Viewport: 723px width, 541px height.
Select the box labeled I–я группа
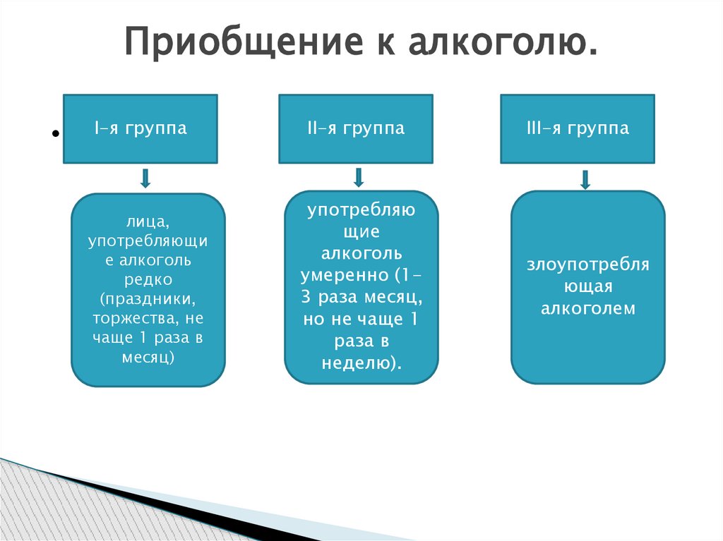[141, 129]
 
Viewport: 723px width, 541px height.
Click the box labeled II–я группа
[356, 129]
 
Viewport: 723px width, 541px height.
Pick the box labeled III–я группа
[577, 129]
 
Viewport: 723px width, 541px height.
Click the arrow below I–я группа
[145, 178]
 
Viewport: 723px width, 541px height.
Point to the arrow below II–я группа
[359, 177]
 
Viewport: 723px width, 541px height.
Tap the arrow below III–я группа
[585, 179]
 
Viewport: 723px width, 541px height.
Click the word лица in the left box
[148, 221]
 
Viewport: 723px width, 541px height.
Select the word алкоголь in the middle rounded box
[361, 253]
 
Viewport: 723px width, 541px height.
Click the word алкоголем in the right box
[588, 308]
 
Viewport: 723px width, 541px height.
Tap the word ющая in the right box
[587, 287]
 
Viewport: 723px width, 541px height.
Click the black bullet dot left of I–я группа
[54, 135]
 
